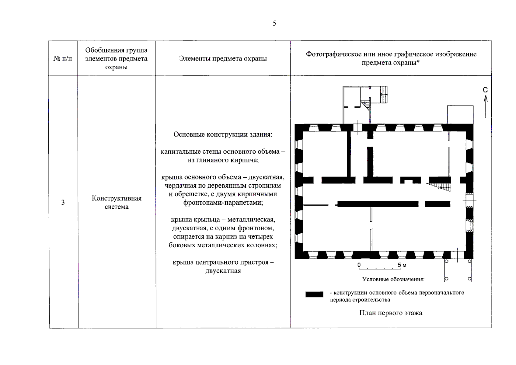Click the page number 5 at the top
coord(274,23)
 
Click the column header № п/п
coord(63,58)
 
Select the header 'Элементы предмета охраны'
coord(223,58)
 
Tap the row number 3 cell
coord(63,203)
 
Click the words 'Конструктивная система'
coord(117,203)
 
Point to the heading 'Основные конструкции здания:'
coord(223,134)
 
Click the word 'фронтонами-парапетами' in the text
coord(223,203)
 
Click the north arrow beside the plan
coord(486,106)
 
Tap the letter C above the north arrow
coord(485,90)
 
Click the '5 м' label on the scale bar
coord(402,265)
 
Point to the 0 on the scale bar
coord(359,265)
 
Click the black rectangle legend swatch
coord(314,294)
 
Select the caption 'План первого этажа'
coord(391,313)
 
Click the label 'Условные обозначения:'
coord(393,279)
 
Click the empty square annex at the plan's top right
coord(460,114)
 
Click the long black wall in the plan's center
coord(378,204)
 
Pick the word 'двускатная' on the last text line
coord(223,271)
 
